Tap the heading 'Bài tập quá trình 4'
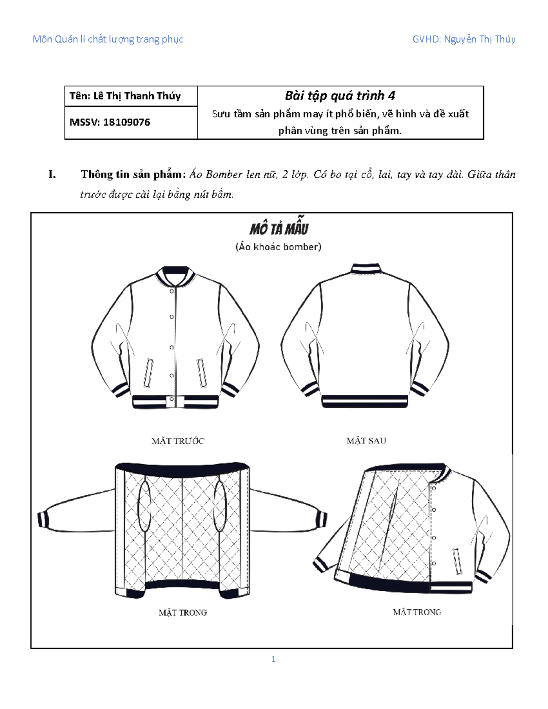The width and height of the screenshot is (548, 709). coord(340,96)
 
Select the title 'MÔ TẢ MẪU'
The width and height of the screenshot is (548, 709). coord(279,228)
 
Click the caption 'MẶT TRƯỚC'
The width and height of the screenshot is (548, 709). coord(178,441)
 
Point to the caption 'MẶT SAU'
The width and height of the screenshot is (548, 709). coord(366,441)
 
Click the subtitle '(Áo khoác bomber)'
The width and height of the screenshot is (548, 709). coord(279,247)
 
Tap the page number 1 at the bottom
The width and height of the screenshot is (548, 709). coord(273,659)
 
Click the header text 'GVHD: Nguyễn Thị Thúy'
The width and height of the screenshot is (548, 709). coord(464,39)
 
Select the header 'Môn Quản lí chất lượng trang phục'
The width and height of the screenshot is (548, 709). coord(108,39)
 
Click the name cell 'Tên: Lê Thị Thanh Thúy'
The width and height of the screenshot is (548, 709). coord(125,96)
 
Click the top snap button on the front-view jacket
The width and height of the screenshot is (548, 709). coord(172,291)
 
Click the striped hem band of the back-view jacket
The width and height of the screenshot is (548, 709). coord(365,401)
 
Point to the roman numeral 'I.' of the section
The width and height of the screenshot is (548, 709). coord(52,174)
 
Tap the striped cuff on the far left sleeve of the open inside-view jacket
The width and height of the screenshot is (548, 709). coord(42,519)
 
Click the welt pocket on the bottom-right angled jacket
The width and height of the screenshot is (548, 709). coord(457,561)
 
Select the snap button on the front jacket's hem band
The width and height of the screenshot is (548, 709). coord(172,400)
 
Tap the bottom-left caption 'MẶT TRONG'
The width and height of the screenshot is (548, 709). coord(183,613)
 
